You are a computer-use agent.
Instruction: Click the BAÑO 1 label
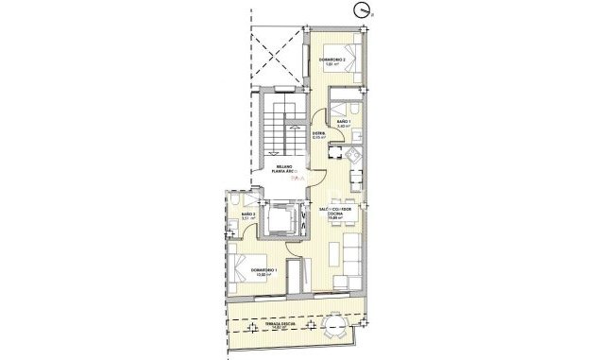click(345, 122)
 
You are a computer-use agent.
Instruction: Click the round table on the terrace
click(336, 327)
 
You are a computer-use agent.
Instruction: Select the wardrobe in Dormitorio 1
click(301, 278)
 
